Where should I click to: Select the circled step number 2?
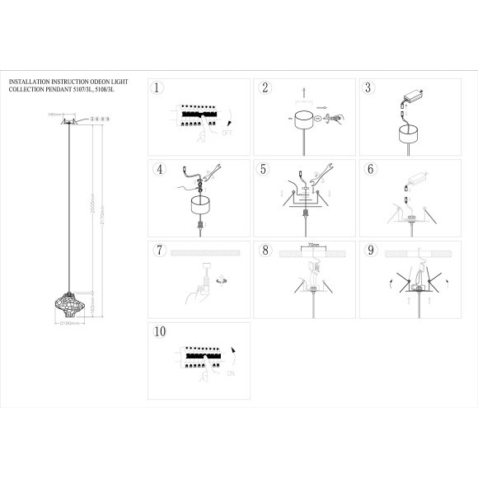[265, 88]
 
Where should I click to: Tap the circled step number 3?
[369, 88]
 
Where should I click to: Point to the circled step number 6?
[370, 170]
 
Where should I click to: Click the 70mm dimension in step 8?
[312, 246]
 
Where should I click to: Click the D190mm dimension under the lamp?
[69, 324]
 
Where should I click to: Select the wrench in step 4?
[213, 172]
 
